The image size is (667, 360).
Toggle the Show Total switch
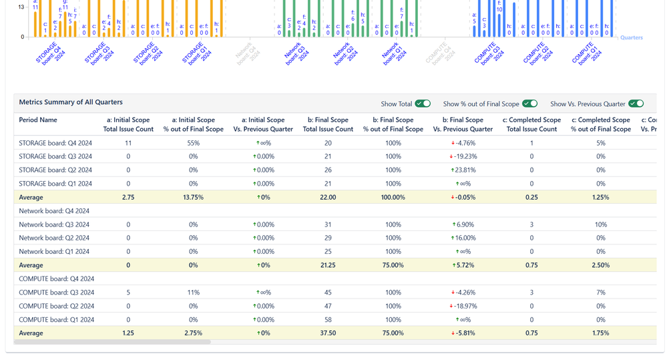pyautogui.click(x=423, y=104)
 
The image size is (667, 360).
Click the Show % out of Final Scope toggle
pyautogui.click(x=529, y=104)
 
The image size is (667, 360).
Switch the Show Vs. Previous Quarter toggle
pyautogui.click(x=636, y=104)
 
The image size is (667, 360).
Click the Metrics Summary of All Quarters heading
pyautogui.click(x=70, y=102)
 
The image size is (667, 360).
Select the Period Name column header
pyautogui.click(x=38, y=120)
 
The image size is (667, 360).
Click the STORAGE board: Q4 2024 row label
pyautogui.click(x=55, y=143)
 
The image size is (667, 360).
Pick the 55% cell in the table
pyautogui.click(x=194, y=143)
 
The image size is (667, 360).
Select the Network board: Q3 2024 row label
pyautogui.click(x=54, y=224)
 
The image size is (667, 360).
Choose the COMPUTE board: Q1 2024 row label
pyautogui.click(x=55, y=319)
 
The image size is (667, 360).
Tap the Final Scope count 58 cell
pyautogui.click(x=328, y=319)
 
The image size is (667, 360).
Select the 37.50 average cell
pyautogui.click(x=328, y=333)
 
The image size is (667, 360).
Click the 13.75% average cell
pyautogui.click(x=194, y=197)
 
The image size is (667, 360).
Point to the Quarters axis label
pyautogui.click(x=631, y=38)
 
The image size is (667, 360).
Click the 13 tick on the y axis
pyautogui.click(x=21, y=7)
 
